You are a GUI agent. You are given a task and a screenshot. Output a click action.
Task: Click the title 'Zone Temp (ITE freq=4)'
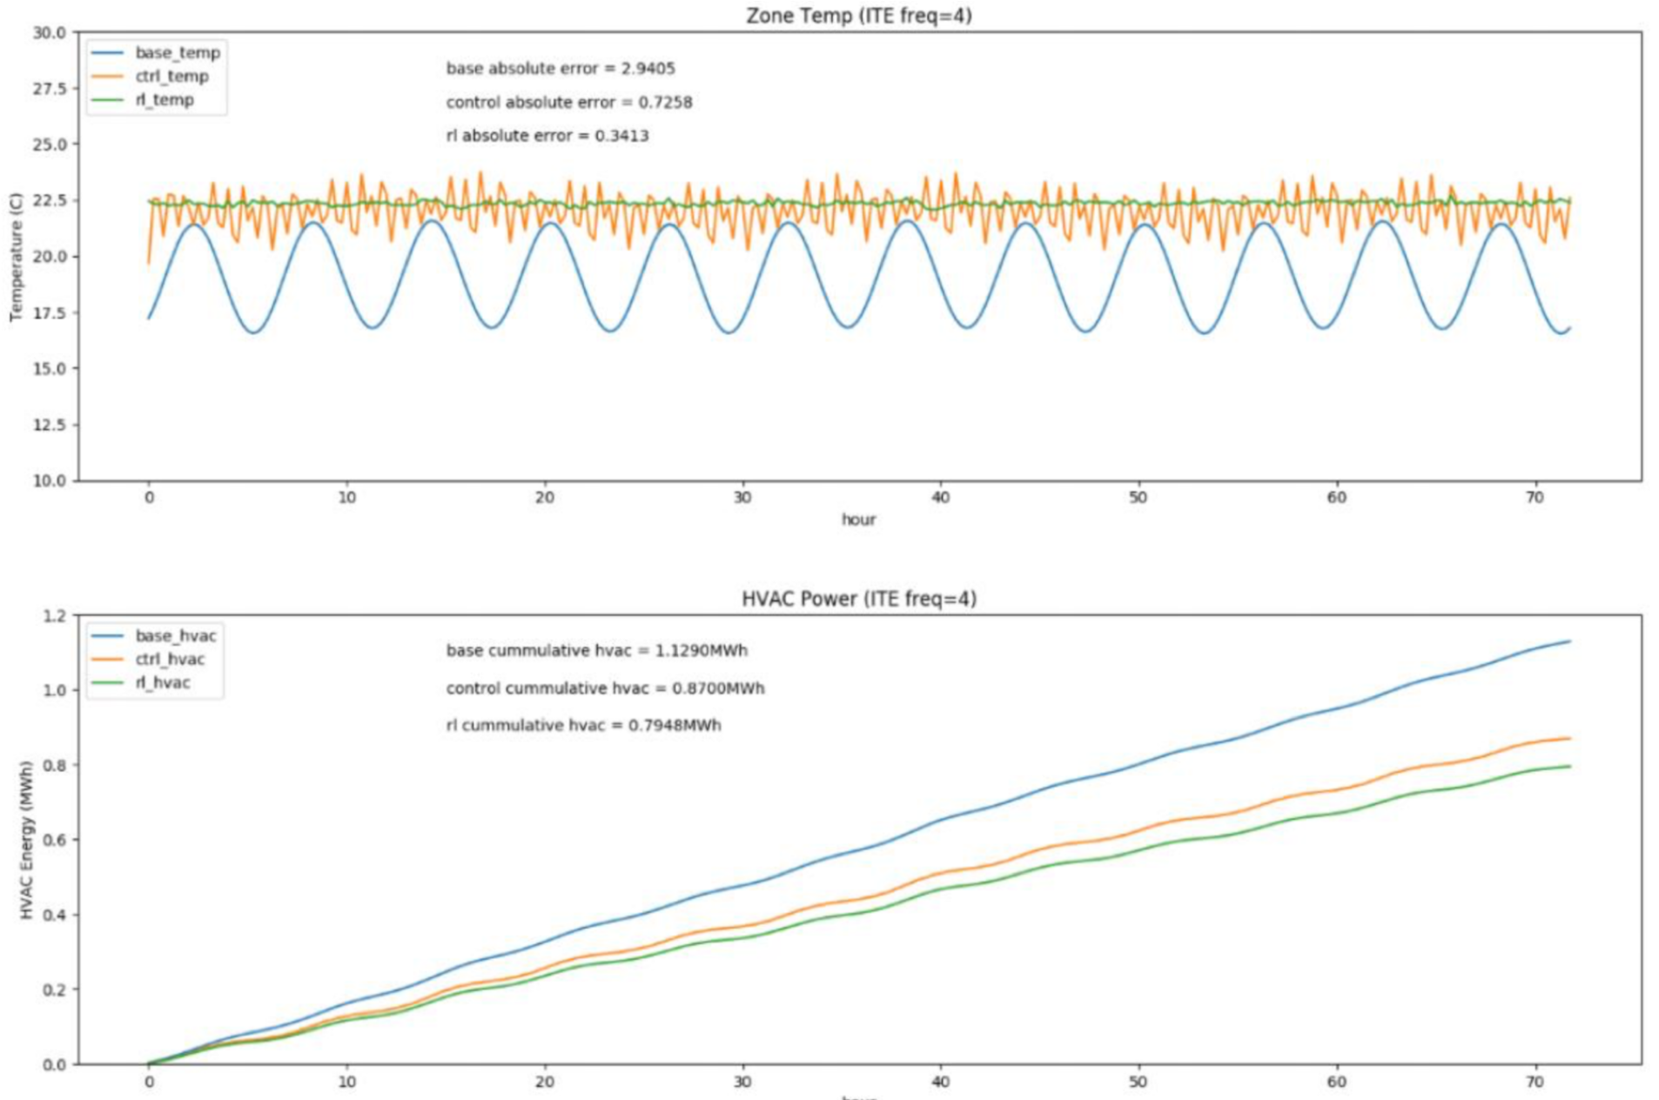(858, 16)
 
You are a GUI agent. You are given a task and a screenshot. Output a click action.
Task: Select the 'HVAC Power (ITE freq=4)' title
(858, 599)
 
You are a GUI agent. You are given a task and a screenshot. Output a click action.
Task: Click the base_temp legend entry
(177, 53)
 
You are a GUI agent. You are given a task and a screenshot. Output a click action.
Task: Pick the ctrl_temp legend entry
(171, 77)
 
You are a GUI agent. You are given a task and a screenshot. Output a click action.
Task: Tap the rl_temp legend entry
(165, 100)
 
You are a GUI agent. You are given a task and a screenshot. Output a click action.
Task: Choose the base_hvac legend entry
(175, 636)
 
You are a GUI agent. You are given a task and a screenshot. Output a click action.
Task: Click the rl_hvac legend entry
(163, 683)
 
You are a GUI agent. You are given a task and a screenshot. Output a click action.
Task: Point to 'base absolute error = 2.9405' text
(561, 69)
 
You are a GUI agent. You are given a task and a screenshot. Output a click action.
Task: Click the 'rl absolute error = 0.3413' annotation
(547, 136)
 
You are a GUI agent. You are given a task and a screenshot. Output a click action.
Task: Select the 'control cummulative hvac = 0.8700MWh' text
(605, 688)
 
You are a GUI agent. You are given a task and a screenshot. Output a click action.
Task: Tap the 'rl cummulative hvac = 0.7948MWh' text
(583, 726)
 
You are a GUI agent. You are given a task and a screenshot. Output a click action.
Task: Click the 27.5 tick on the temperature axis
(50, 89)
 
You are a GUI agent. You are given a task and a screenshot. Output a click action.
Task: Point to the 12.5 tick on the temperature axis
(50, 425)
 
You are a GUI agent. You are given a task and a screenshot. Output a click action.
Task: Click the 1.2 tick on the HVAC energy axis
(54, 616)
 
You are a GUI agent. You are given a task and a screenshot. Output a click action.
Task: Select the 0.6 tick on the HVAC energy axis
(54, 840)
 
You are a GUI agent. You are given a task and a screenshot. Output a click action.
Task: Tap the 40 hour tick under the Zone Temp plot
(940, 498)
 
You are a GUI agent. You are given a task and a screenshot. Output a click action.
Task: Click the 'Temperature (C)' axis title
(16, 257)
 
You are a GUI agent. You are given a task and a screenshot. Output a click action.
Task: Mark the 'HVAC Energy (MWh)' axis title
(26, 840)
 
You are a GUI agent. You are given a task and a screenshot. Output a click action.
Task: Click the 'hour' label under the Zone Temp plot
(858, 520)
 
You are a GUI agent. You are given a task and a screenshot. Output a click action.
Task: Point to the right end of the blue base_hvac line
(1569, 641)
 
